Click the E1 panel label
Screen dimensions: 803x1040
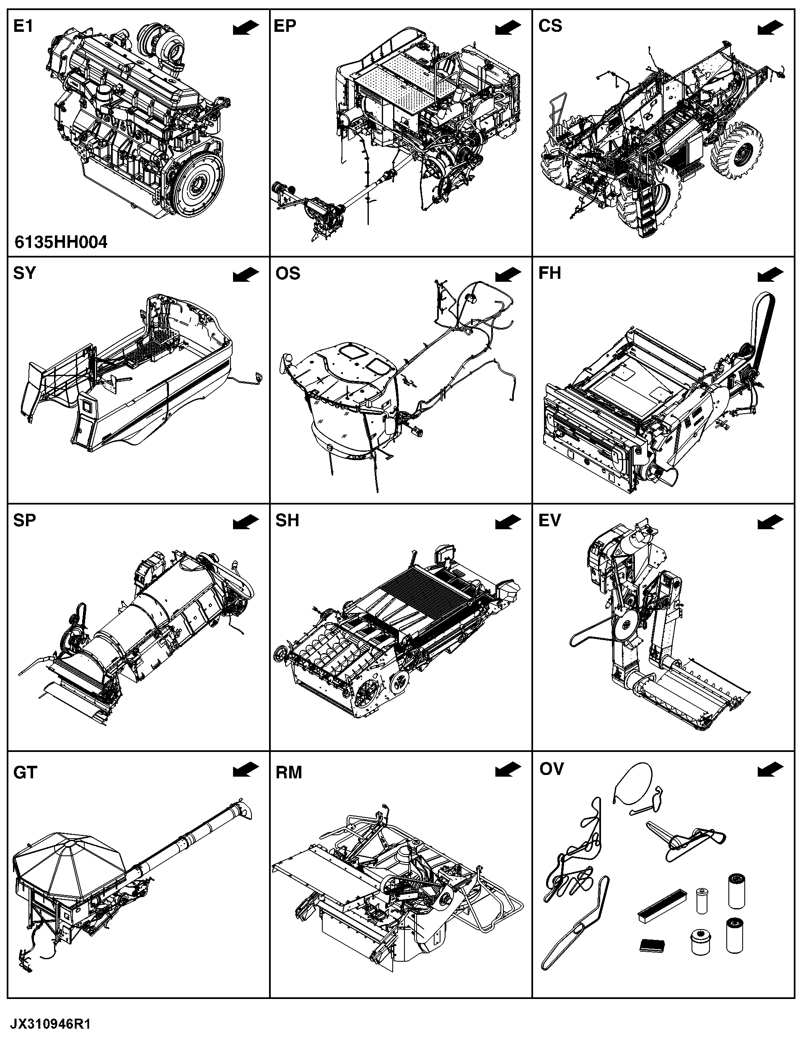23,26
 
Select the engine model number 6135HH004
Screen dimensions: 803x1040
61,242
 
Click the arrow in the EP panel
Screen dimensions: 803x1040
508,28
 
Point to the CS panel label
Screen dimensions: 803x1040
550,26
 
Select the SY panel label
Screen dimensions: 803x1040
24,273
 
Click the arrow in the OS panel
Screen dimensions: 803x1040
508,275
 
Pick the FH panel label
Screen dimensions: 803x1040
549,273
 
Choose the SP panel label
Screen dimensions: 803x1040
24,520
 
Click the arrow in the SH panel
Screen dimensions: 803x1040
508,523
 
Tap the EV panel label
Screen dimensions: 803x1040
549,520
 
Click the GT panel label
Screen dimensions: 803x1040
25,772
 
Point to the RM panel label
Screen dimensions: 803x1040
288,772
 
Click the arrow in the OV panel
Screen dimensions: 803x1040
770,770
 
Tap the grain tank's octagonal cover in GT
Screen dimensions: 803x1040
69,860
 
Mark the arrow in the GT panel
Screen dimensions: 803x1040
246,770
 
